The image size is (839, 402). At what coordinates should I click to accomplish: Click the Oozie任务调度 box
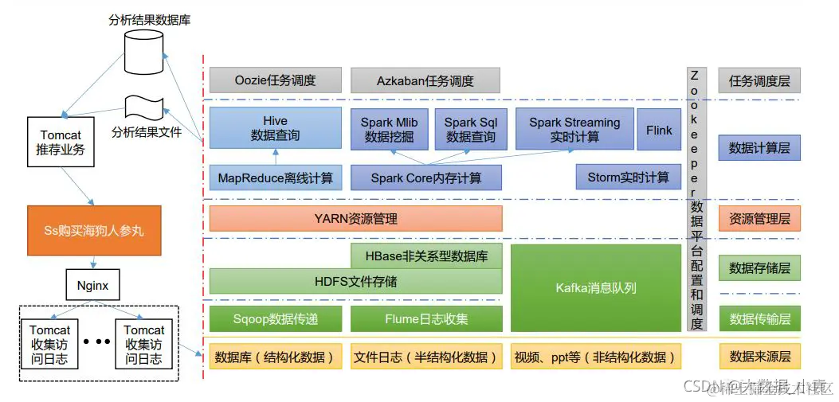(x=276, y=80)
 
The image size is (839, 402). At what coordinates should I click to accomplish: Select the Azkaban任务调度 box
(x=426, y=80)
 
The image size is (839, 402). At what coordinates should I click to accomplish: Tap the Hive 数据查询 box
(x=276, y=128)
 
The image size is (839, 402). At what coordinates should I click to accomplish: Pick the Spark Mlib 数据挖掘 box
(x=389, y=128)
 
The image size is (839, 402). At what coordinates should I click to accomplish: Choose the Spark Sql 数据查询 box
(x=470, y=128)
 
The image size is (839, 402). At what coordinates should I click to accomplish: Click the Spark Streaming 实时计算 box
(x=574, y=128)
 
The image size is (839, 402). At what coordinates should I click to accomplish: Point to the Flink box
(x=659, y=128)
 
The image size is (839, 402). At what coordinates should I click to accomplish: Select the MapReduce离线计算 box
(x=276, y=178)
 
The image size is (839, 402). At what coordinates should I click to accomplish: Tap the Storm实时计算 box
(x=628, y=178)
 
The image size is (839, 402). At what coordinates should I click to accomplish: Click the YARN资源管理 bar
(x=355, y=218)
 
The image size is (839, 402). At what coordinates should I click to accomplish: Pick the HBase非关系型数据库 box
(x=426, y=256)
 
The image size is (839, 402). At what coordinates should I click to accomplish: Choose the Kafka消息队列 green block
(x=596, y=287)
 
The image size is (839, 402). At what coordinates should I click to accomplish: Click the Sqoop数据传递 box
(x=276, y=319)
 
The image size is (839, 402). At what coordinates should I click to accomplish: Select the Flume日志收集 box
(x=426, y=319)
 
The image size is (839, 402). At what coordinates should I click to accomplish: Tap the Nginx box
(x=92, y=283)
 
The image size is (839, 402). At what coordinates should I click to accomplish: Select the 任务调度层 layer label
(x=759, y=80)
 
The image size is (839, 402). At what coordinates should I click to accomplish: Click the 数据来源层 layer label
(x=759, y=356)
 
